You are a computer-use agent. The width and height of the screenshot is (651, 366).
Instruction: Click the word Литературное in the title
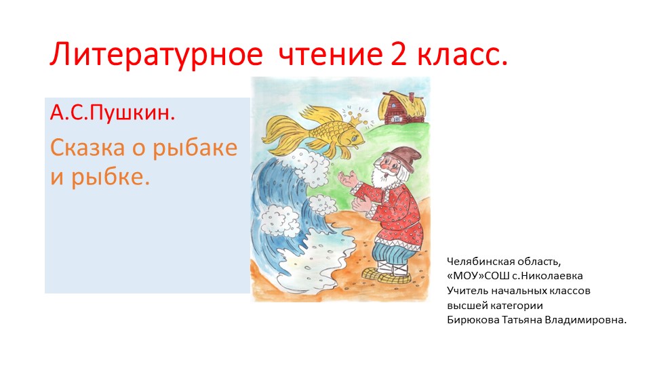156,55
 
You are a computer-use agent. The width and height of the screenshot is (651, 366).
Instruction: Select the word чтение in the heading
330,54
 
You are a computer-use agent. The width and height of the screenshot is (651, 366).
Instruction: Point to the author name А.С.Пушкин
113,112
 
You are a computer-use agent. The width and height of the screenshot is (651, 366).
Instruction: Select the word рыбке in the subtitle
110,178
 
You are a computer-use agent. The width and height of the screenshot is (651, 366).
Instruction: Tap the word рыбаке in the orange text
195,148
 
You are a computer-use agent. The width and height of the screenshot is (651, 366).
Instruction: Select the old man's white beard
382,176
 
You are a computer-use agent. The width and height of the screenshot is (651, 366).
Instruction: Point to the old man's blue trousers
393,253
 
